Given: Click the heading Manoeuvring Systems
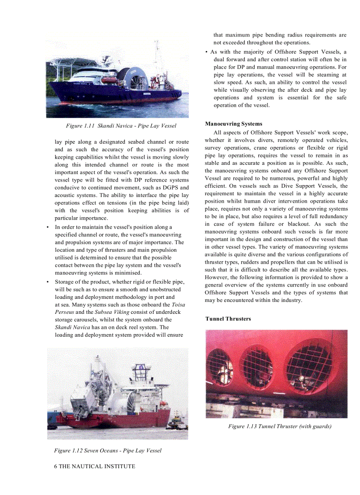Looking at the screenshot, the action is pos(233,124).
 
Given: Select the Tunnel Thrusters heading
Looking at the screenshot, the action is pos(228,319).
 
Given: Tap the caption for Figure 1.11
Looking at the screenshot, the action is pos(121,126).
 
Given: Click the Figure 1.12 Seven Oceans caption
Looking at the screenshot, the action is pos(108,450).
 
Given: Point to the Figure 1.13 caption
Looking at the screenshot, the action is pos(280,426).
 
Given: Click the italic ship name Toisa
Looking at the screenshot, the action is pos(178,305).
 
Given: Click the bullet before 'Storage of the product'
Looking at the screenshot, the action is pos(48,282).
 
